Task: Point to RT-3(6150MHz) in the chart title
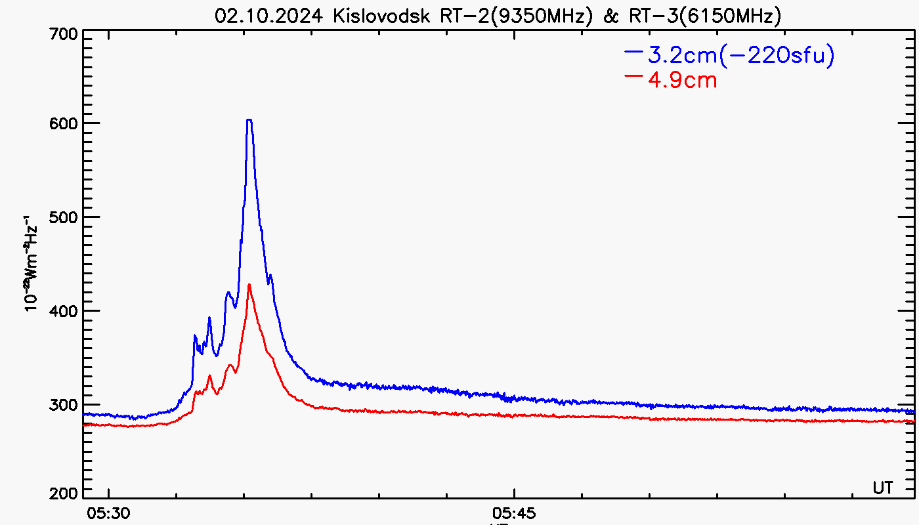coord(702,16)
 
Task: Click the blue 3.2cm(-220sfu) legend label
coord(741,56)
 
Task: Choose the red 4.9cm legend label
coord(682,81)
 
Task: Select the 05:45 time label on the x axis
coord(514,511)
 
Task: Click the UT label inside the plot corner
coord(883,488)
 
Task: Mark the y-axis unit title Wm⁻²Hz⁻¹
coord(30,262)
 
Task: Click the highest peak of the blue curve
coord(249,120)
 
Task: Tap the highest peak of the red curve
coord(249,285)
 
